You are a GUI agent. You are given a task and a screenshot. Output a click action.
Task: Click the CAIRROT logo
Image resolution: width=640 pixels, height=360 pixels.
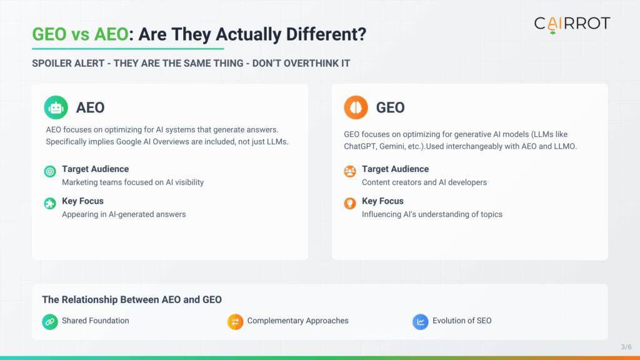click(572, 24)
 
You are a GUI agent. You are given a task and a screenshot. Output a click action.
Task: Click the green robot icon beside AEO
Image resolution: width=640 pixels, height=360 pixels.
click(56, 107)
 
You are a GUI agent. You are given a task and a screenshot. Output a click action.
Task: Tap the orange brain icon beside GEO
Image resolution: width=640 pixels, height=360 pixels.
click(356, 107)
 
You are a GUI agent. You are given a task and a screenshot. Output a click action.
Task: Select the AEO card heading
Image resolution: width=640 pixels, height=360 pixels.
click(90, 107)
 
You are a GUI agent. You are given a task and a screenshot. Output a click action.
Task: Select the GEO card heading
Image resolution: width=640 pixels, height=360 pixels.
click(390, 107)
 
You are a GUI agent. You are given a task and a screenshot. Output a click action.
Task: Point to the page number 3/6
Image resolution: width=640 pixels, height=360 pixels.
click(626, 347)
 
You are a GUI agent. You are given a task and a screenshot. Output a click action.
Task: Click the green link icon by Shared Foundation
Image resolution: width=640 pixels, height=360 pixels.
click(50, 321)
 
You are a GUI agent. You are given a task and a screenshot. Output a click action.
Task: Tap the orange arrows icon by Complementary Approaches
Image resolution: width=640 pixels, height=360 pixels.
click(235, 321)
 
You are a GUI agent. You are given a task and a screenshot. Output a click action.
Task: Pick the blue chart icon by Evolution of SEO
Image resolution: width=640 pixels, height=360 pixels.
click(420, 321)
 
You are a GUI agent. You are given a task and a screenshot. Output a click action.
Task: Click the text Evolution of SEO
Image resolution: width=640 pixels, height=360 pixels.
click(462, 321)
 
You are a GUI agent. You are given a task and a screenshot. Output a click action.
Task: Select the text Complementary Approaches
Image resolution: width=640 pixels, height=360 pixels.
click(297, 321)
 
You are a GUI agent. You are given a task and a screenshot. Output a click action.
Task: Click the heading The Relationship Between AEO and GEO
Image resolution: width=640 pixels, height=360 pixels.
click(132, 300)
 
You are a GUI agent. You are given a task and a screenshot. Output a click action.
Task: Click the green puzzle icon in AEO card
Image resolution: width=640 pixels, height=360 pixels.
click(50, 203)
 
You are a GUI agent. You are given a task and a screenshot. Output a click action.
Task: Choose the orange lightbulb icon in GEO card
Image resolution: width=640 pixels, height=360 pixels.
click(350, 203)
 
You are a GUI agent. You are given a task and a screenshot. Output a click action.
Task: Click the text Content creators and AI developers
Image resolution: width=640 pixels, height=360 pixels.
click(424, 182)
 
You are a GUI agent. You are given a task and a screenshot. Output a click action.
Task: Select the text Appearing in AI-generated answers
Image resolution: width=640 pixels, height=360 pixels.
click(124, 214)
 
